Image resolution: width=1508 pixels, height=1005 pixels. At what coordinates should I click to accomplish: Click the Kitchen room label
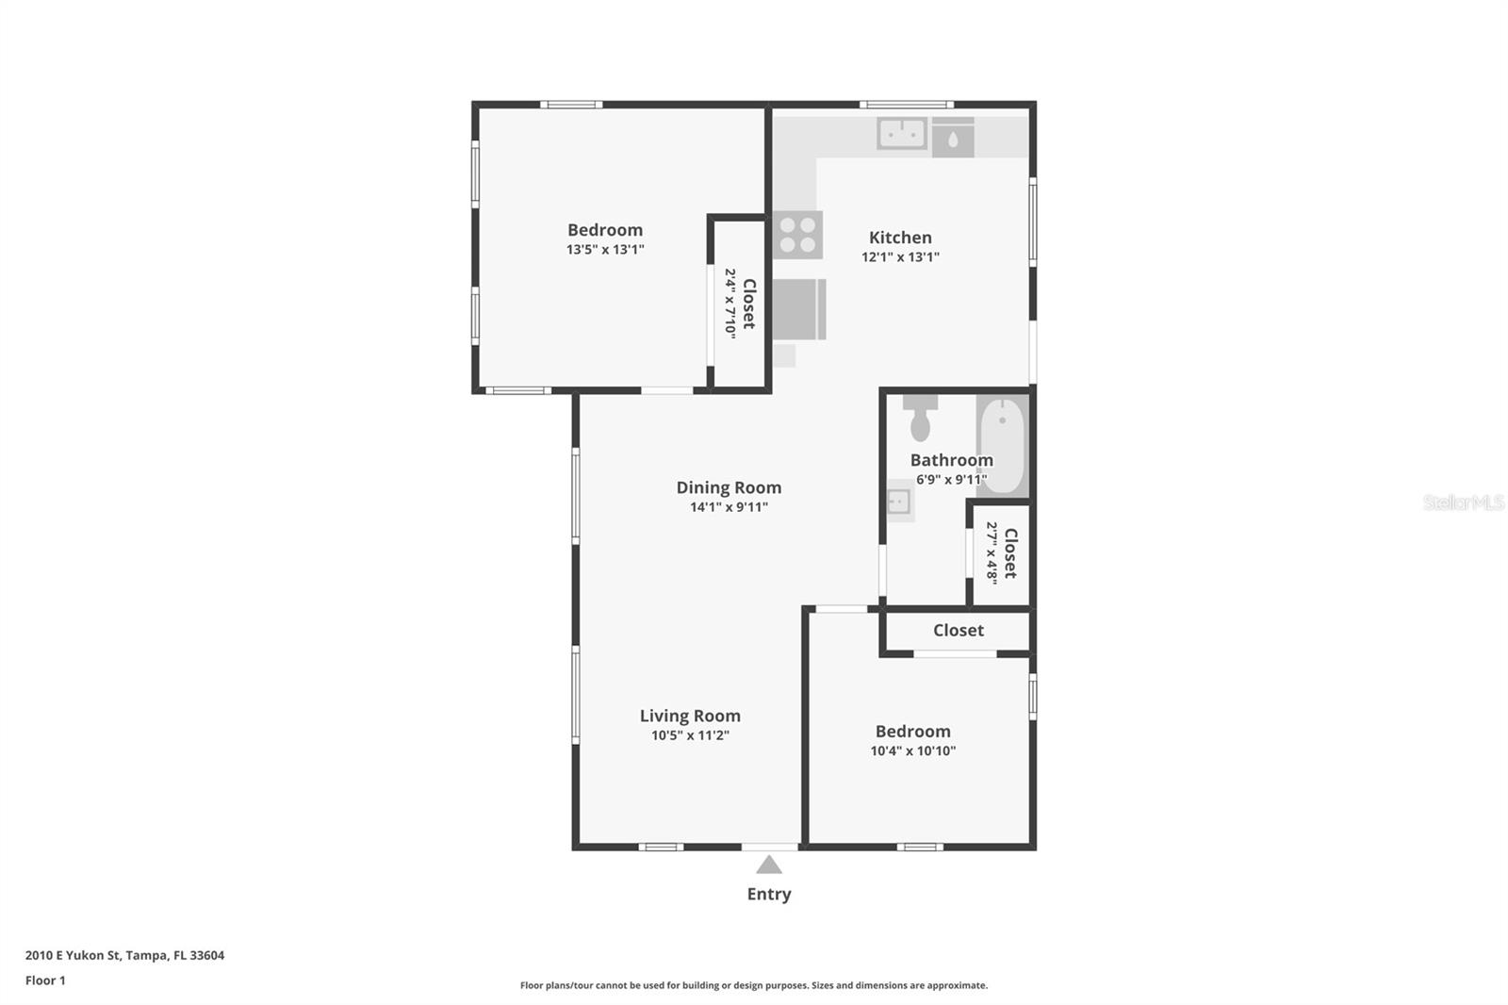pos(900,238)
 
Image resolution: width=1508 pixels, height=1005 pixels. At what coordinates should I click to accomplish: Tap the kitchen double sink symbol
pos(902,133)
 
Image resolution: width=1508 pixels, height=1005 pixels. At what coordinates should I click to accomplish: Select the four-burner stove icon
pos(797,235)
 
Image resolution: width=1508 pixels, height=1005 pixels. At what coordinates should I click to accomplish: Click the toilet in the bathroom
pos(920,420)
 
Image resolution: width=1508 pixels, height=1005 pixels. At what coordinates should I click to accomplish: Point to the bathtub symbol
pos(1002,445)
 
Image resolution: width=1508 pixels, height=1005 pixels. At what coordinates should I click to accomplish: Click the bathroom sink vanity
pos(899,501)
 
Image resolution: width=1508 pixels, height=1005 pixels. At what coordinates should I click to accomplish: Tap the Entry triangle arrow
pos(769,865)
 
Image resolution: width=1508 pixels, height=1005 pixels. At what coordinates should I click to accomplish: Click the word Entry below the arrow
pos(769,894)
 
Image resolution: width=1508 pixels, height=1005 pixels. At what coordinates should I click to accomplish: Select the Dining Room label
pos(729,487)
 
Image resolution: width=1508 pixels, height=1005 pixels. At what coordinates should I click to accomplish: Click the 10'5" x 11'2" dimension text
pos(690,735)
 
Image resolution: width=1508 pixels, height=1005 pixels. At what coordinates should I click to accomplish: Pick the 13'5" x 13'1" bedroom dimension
pos(605,250)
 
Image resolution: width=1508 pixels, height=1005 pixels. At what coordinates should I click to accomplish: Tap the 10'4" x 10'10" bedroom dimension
pos(912,751)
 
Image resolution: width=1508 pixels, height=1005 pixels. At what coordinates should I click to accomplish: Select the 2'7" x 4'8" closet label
pos(1002,552)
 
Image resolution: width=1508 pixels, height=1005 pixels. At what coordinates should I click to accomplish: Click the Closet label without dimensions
pos(958,630)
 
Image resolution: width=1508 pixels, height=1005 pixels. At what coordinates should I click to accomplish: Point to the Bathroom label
pos(951,460)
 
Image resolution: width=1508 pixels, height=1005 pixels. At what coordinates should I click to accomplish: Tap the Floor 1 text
pos(45,980)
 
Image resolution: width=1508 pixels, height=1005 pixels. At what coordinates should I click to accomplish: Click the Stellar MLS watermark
pos(1463,502)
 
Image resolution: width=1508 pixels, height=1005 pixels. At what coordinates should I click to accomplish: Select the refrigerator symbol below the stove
pos(798,309)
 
